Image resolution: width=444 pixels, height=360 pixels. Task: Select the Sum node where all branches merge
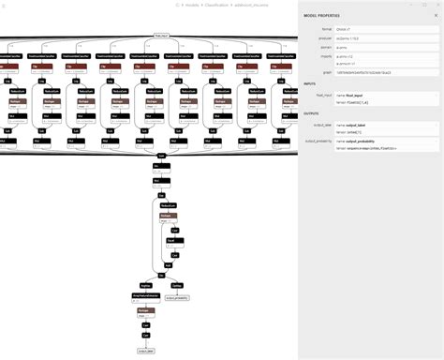161,155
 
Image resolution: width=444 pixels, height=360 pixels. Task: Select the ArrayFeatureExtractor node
144,295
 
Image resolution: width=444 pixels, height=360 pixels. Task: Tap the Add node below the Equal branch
167,265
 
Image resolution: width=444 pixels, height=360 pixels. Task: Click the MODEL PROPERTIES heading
323,16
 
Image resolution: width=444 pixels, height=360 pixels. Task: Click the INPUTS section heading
310,83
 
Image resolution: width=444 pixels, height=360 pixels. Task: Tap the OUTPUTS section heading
312,113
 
